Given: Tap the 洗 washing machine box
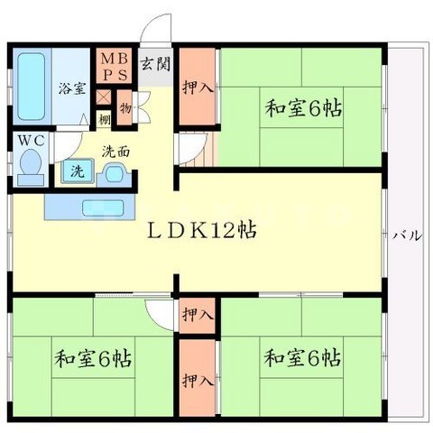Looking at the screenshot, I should (78, 170).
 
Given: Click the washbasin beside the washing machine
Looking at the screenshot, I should (112, 171).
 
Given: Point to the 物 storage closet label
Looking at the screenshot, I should (125, 106).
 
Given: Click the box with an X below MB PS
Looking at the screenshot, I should (106, 96).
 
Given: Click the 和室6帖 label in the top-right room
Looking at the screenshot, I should (302, 109).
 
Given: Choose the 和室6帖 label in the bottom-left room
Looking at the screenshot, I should (93, 358).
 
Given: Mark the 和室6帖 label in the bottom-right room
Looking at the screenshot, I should (302, 358).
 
